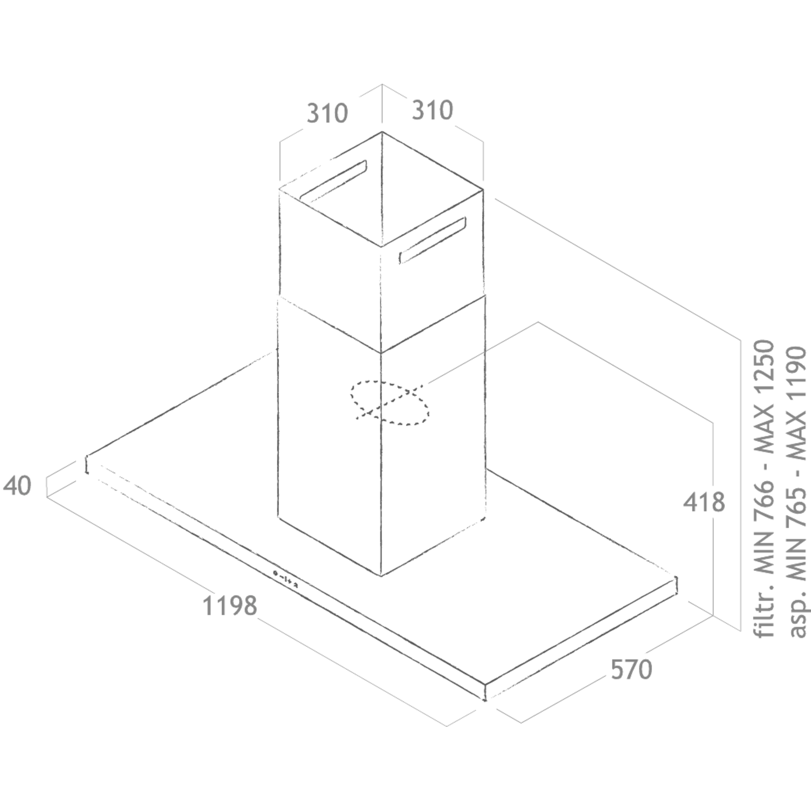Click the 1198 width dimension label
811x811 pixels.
tap(230, 605)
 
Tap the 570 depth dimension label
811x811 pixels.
tap(631, 670)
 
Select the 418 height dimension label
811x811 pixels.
tap(704, 502)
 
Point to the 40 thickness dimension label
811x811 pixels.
tap(17, 486)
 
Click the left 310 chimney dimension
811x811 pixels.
tap(327, 114)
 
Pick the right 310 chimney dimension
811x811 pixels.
tap(432, 110)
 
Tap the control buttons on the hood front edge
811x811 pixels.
tap(285, 578)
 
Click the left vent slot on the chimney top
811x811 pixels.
tap(333, 181)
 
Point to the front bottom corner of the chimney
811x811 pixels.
tap(381, 575)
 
